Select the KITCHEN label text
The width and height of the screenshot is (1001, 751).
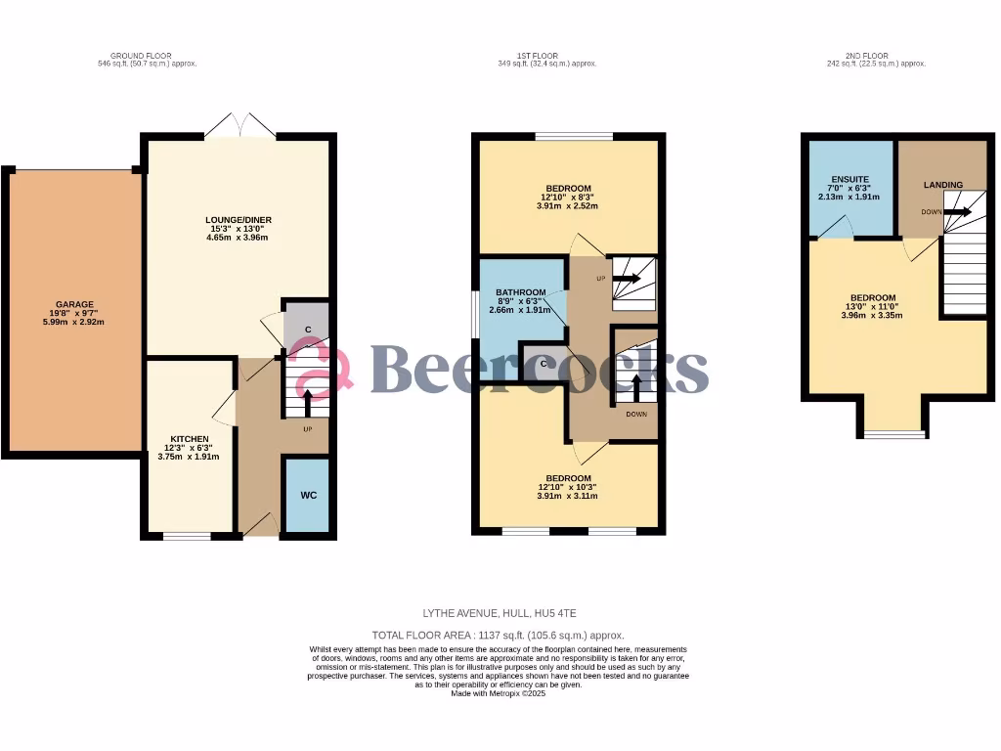pyautogui.click(x=190, y=438)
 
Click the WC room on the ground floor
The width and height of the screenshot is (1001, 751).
pyautogui.click(x=308, y=495)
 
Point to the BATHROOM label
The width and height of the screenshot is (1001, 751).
pyautogui.click(x=519, y=292)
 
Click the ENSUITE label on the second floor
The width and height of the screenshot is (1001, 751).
pyautogui.click(x=849, y=180)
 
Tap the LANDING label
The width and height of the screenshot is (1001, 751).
pyautogui.click(x=942, y=185)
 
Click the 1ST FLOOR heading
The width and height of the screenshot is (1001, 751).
pyautogui.click(x=546, y=55)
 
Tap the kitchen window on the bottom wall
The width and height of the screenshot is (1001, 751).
pyautogui.click(x=187, y=535)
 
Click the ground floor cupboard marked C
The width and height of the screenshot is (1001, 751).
pyautogui.click(x=307, y=330)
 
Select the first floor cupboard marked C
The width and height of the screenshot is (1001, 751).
pyautogui.click(x=544, y=364)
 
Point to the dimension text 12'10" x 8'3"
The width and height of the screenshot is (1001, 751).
pyautogui.click(x=568, y=198)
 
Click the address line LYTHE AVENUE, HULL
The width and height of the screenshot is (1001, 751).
pyautogui.click(x=500, y=613)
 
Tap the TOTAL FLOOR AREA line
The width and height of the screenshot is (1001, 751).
pyautogui.click(x=499, y=635)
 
